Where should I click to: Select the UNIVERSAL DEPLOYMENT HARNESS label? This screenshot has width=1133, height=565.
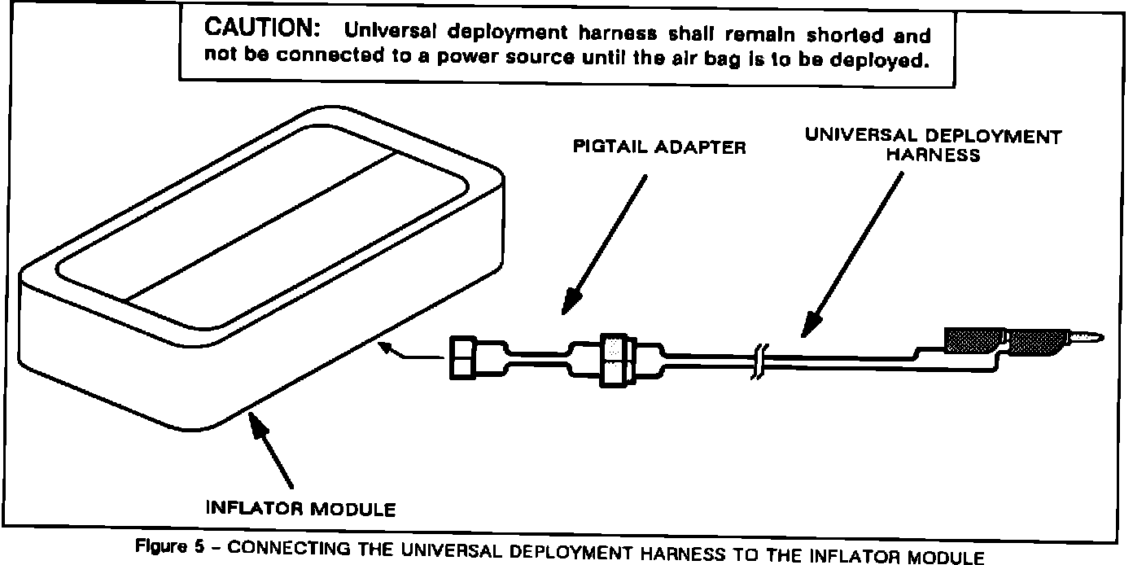point(933,144)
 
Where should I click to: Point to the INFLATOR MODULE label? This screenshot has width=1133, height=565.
point(302,510)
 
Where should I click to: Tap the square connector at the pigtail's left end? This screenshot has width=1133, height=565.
point(462,357)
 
